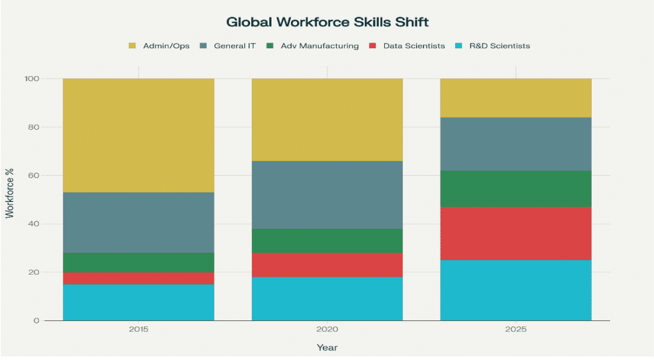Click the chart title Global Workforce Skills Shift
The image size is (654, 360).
click(x=327, y=22)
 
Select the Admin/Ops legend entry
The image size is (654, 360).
click(x=159, y=46)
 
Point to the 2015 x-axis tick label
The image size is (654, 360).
click(x=138, y=330)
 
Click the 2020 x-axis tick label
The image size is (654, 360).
click(x=327, y=330)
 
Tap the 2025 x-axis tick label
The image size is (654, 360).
click(x=516, y=330)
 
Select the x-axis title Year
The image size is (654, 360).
click(x=327, y=348)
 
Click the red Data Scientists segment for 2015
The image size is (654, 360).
click(x=138, y=278)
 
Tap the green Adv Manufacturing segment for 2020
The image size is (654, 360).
click(x=327, y=240)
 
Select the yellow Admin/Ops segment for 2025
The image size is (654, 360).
click(x=516, y=98)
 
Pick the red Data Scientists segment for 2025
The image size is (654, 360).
click(x=516, y=233)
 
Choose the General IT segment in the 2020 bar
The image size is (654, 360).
click(x=327, y=195)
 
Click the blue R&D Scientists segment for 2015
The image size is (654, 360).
click(x=138, y=302)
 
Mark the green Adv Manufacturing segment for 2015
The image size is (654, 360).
click(x=138, y=262)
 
